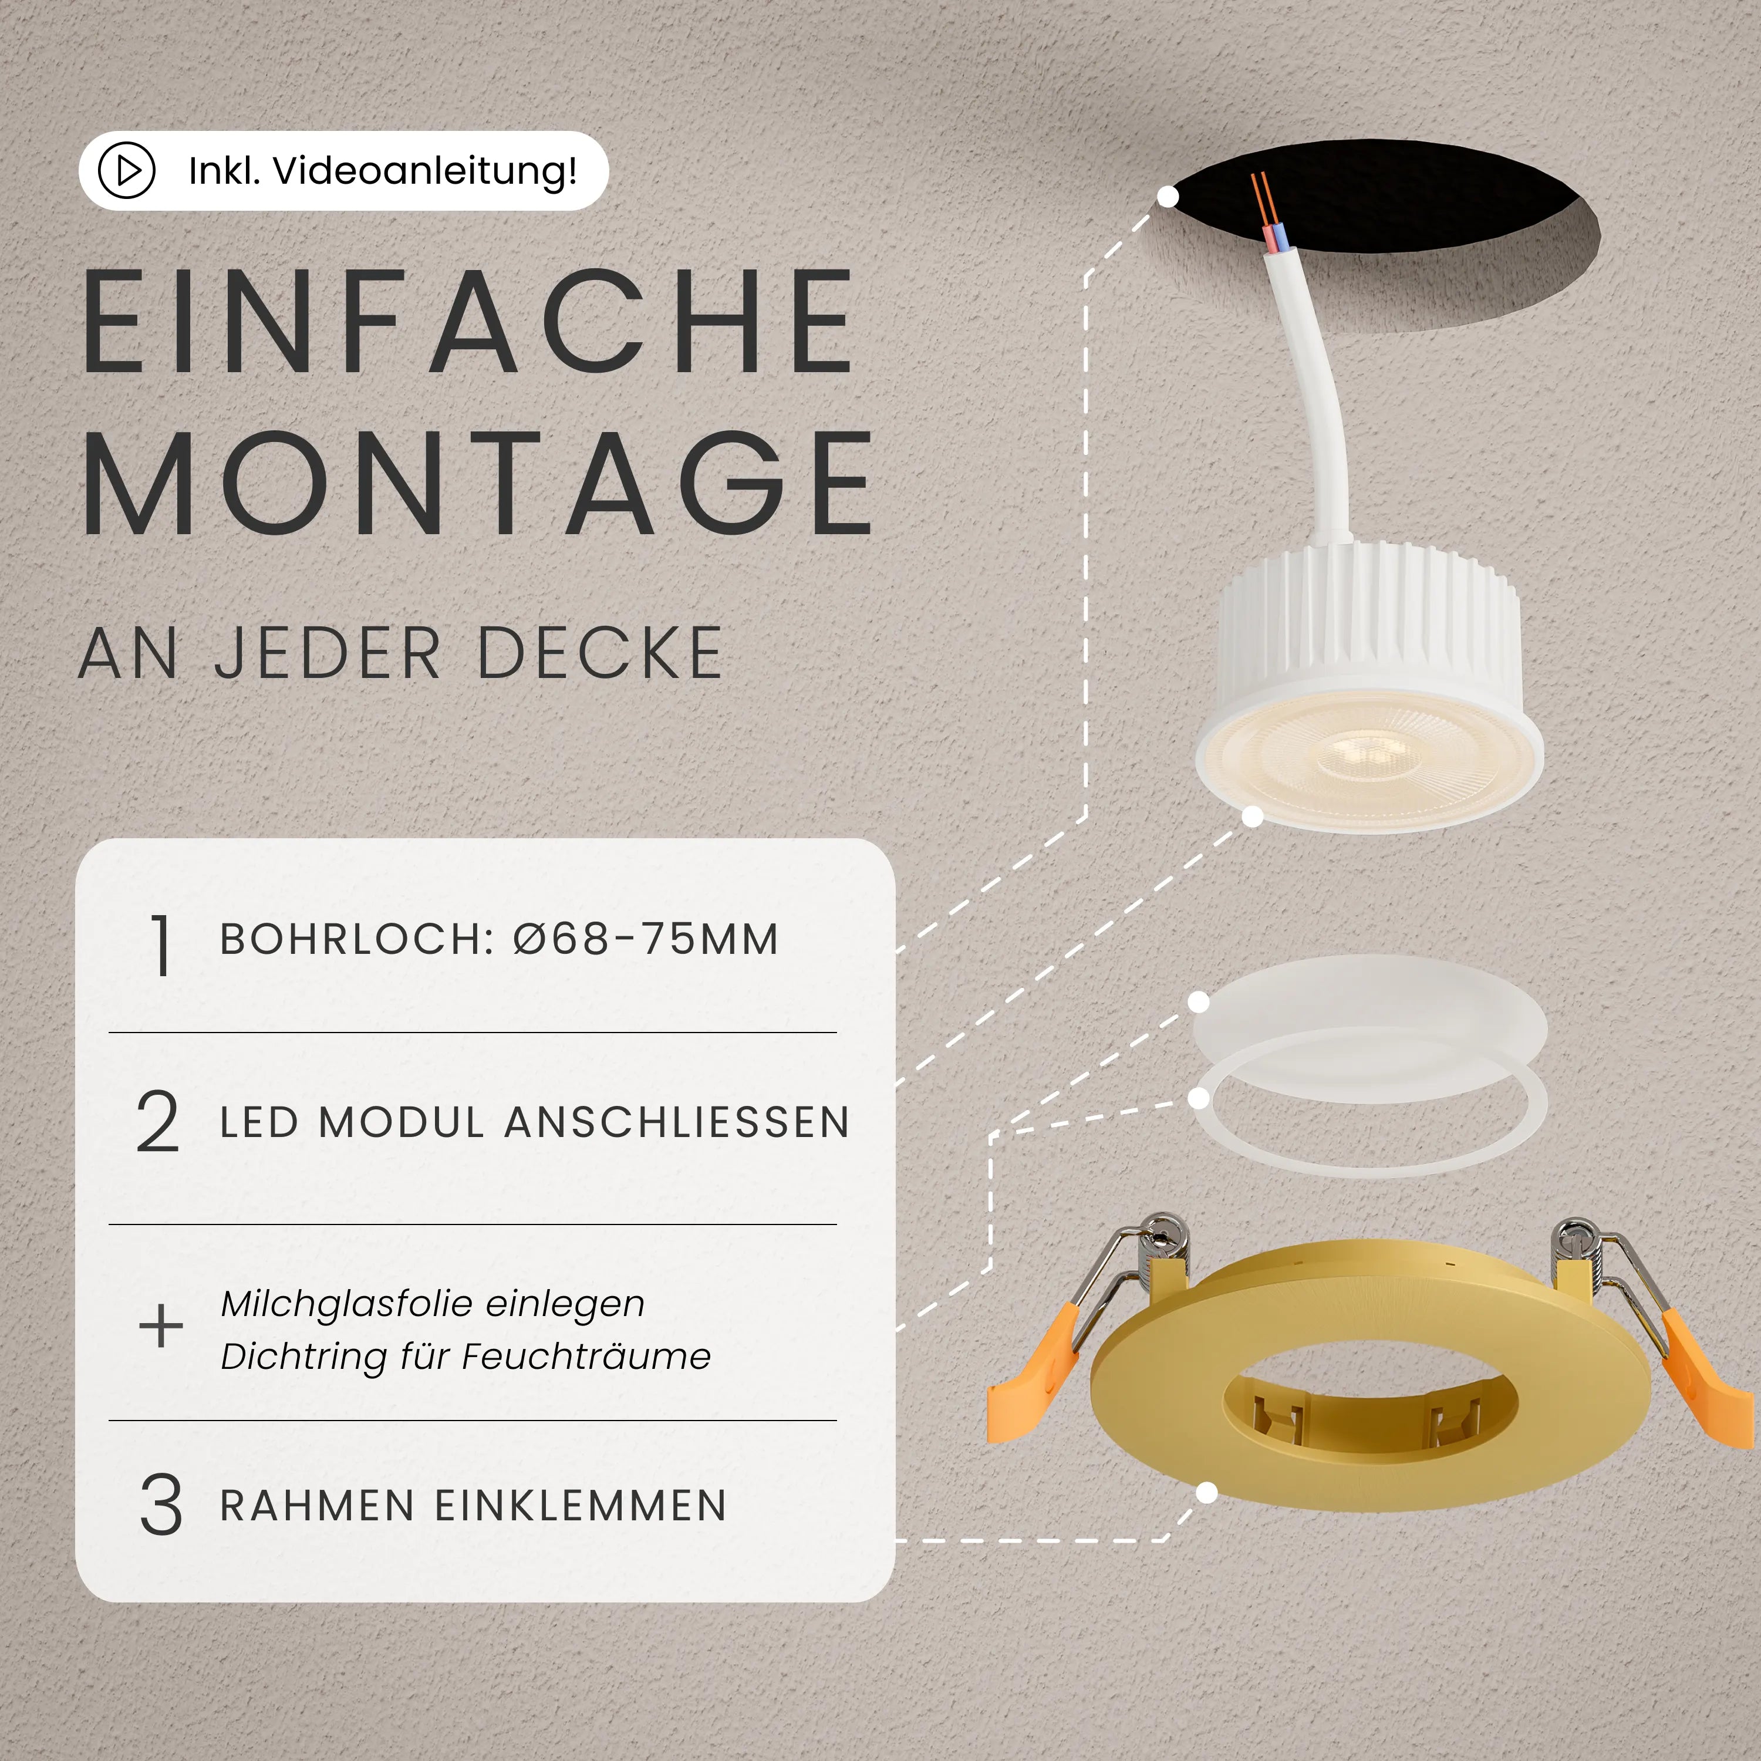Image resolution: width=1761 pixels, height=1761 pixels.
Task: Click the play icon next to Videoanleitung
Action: pos(127,170)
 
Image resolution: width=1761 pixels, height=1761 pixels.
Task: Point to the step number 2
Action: pos(158,1121)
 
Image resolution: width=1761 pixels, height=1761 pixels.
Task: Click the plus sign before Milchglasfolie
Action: pos(160,1325)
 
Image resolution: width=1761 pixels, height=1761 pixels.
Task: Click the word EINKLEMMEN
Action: pos(581,1506)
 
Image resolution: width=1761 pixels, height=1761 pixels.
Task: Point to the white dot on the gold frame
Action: pos(1206,1493)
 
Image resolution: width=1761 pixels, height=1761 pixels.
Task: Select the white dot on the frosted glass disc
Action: pos(1199,1003)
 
